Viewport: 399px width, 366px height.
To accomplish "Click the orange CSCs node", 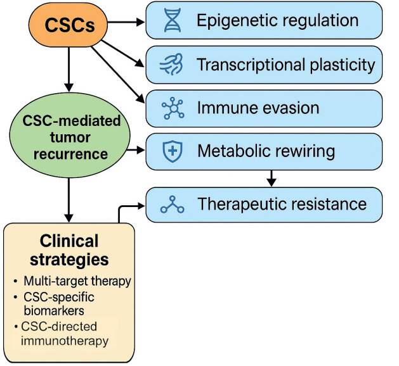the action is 68,25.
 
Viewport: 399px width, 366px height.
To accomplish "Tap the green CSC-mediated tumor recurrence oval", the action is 70,135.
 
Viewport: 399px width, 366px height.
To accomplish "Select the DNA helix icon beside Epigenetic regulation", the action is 173,20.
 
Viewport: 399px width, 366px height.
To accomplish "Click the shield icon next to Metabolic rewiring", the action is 173,151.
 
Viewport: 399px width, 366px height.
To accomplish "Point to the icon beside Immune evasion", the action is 173,108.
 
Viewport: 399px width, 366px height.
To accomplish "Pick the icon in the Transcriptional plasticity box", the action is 171,64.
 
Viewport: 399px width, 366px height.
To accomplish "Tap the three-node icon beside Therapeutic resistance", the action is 173,204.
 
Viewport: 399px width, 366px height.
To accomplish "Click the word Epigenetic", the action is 237,21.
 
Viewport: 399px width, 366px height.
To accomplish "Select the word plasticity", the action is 343,65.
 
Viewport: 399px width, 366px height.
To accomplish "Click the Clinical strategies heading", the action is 69,250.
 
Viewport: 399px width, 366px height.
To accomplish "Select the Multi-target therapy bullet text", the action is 77,281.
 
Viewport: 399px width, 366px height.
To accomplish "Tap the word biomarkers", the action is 54,311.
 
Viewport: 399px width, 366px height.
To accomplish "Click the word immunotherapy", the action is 65,341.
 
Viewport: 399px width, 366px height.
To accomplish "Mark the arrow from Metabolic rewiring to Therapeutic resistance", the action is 271,178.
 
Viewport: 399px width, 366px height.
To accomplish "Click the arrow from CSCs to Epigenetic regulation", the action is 126,22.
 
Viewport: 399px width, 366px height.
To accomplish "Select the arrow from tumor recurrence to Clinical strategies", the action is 69,200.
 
